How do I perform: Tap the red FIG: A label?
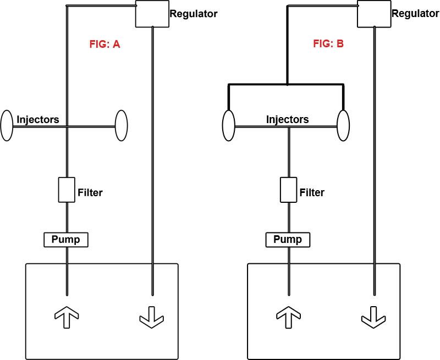click(105, 45)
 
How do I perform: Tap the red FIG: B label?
click(328, 44)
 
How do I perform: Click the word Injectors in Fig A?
click(38, 119)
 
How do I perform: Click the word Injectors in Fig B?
click(287, 119)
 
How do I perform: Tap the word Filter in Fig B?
click(312, 192)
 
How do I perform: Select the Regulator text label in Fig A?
click(194, 14)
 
